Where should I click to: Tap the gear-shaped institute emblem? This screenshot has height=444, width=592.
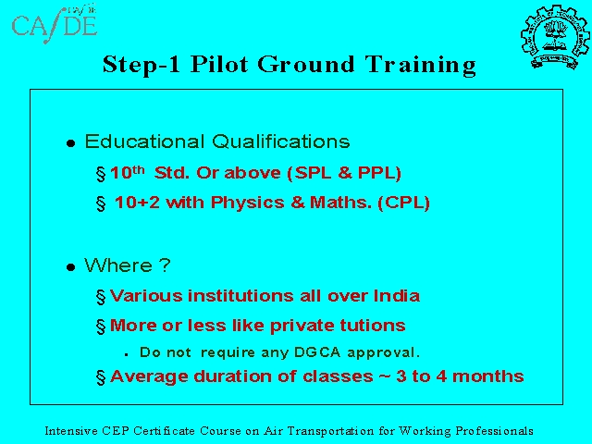(555, 37)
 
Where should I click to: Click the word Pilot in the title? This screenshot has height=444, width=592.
(219, 64)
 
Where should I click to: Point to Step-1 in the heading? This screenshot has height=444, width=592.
(142, 65)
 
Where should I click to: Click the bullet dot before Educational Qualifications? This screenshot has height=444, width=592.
(70, 143)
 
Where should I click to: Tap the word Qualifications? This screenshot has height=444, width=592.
(280, 142)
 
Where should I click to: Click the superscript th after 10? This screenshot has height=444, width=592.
(138, 170)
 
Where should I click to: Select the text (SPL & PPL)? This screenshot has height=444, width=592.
(344, 173)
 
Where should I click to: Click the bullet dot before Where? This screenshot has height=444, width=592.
(70, 267)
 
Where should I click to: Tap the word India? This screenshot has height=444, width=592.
(397, 296)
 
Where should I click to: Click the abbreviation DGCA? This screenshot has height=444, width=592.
(317, 352)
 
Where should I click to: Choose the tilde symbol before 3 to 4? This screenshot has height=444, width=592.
(385, 376)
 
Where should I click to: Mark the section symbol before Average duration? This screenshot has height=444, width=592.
(101, 377)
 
